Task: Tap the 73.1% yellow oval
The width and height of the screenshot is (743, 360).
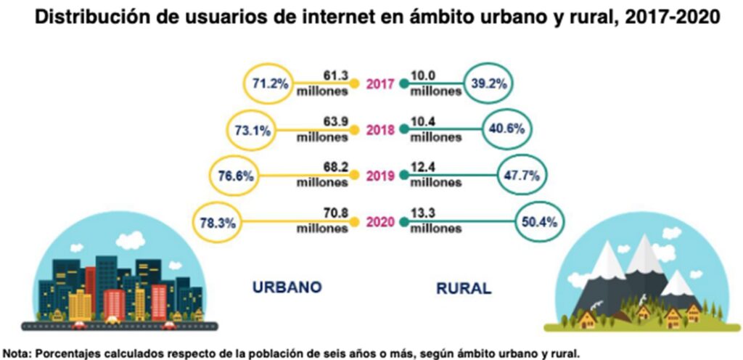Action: (253, 131)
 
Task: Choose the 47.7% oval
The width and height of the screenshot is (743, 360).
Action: (522, 175)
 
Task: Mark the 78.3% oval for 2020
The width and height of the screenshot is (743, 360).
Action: (215, 223)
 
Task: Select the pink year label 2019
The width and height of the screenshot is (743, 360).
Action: (379, 176)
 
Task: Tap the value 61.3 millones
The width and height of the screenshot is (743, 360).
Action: (323, 83)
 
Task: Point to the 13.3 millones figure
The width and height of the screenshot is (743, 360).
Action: (435, 221)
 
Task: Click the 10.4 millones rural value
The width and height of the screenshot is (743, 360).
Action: (435, 129)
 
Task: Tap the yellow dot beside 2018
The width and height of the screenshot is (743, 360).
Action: (354, 131)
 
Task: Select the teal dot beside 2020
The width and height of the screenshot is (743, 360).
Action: (403, 221)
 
